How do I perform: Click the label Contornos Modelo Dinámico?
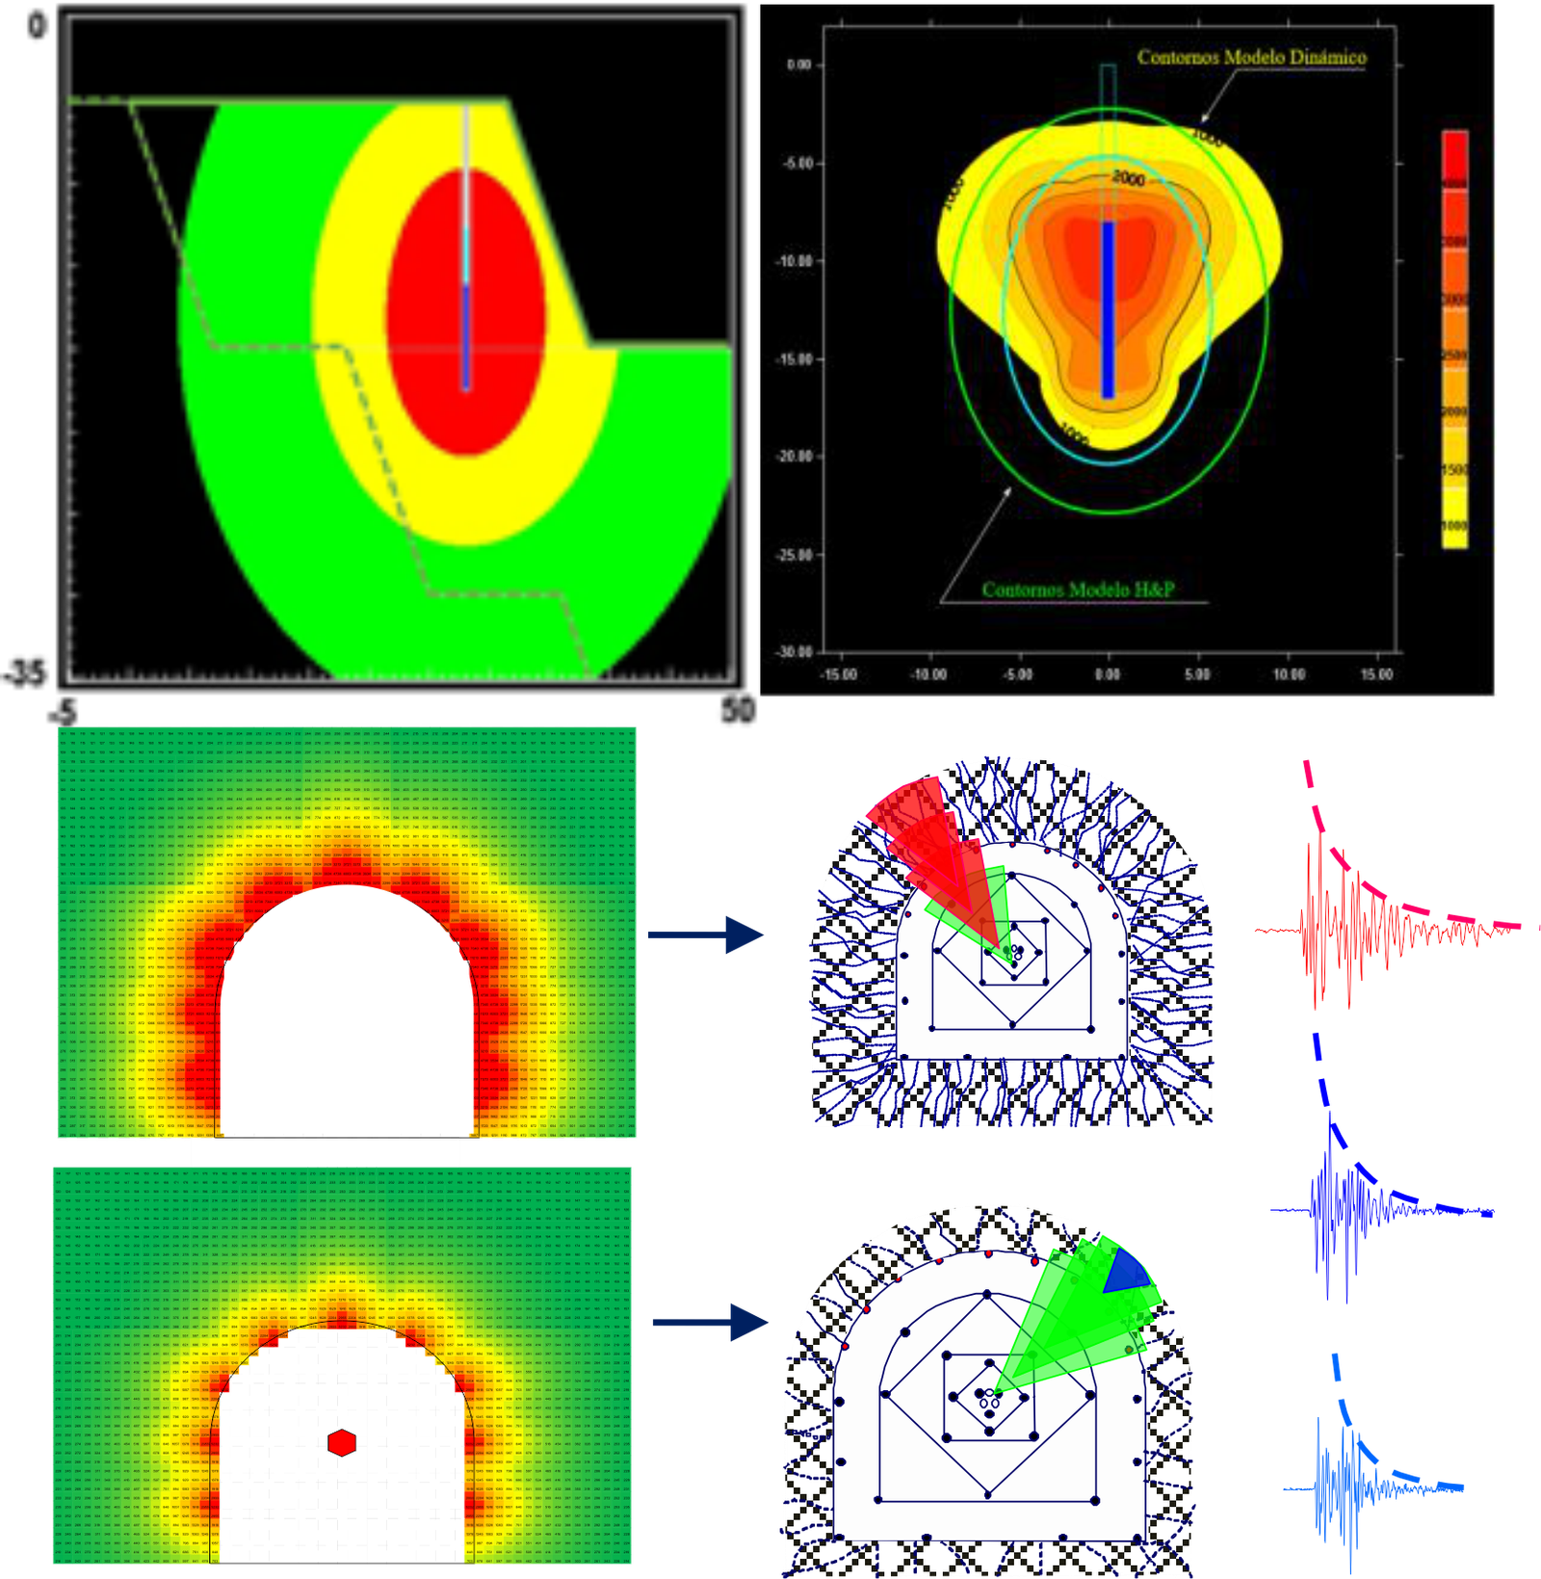coord(1251,58)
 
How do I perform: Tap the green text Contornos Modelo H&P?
coord(1078,590)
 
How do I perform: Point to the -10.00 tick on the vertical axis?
coord(798,261)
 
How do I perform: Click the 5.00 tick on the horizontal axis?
coord(1197,674)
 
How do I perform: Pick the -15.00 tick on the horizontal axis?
coord(838,674)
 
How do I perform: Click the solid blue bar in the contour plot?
coord(1108,308)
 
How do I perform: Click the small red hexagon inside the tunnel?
coord(342,1442)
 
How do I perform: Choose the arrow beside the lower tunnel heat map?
coord(710,1323)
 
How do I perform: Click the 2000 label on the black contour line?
coord(1129,178)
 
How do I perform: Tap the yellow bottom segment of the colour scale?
coord(1454,525)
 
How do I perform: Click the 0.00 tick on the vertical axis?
coord(798,66)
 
